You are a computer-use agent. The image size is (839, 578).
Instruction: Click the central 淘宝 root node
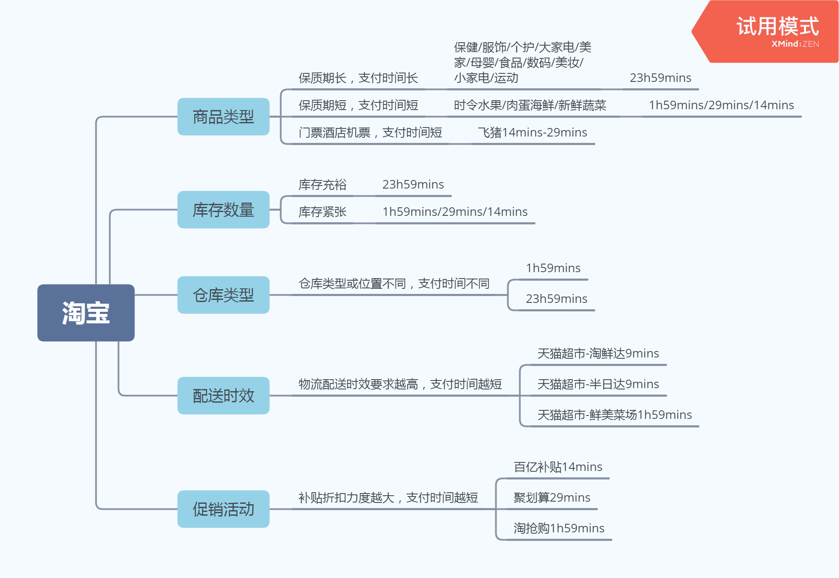[86, 313]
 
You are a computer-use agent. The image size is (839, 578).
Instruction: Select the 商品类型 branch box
[223, 116]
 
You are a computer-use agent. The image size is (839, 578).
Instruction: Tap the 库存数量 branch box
[223, 209]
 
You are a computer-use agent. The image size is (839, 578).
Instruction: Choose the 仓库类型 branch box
[223, 295]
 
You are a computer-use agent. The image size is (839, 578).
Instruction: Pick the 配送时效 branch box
[223, 395]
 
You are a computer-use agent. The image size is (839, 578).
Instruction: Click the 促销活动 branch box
[223, 509]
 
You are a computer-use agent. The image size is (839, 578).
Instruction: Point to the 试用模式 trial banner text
[777, 26]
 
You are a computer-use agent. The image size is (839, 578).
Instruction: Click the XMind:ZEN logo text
[795, 44]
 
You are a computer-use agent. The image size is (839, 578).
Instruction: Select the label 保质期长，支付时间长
[358, 78]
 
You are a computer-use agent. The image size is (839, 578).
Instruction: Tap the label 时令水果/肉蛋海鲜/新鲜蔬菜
[529, 105]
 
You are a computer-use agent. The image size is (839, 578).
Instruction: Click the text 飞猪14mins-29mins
[532, 133]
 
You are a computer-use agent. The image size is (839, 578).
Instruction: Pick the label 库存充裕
[322, 185]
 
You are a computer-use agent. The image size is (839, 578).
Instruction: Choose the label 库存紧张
[322, 212]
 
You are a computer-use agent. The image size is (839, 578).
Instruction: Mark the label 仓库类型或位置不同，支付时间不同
[394, 284]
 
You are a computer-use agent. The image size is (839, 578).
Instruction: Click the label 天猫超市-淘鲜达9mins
[598, 354]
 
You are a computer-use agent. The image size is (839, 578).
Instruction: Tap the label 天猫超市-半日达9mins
[598, 384]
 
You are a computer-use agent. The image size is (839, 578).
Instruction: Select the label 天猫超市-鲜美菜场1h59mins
[614, 415]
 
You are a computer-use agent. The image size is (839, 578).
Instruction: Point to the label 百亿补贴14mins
[558, 467]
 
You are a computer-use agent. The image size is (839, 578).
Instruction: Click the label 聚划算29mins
[552, 498]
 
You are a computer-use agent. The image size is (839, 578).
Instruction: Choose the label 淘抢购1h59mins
[559, 529]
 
